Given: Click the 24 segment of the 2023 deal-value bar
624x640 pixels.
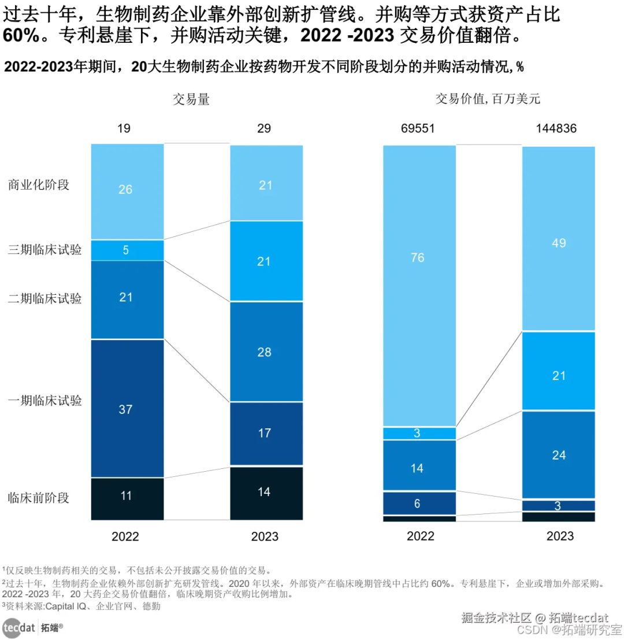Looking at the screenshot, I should coord(559,454).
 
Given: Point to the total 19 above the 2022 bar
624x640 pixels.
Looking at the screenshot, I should coord(124,128).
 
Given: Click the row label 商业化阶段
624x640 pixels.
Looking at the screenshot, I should coord(39,186).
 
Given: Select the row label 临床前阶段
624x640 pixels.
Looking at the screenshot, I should coord(39,497).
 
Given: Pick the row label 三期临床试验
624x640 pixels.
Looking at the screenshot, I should coord(44,250).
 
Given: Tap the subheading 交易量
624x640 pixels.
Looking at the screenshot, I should coord(191,99).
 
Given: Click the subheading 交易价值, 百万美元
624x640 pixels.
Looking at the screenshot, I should coord(488,99).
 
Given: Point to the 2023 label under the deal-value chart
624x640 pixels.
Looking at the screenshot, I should coord(560,536).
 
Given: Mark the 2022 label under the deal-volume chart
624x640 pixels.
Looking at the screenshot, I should coord(125,536).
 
